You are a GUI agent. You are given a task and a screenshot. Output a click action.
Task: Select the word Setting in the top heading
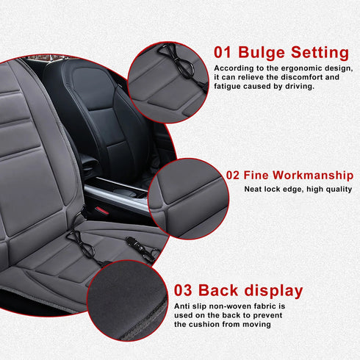[320, 53]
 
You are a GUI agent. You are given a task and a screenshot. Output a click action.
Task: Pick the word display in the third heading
[275, 290]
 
